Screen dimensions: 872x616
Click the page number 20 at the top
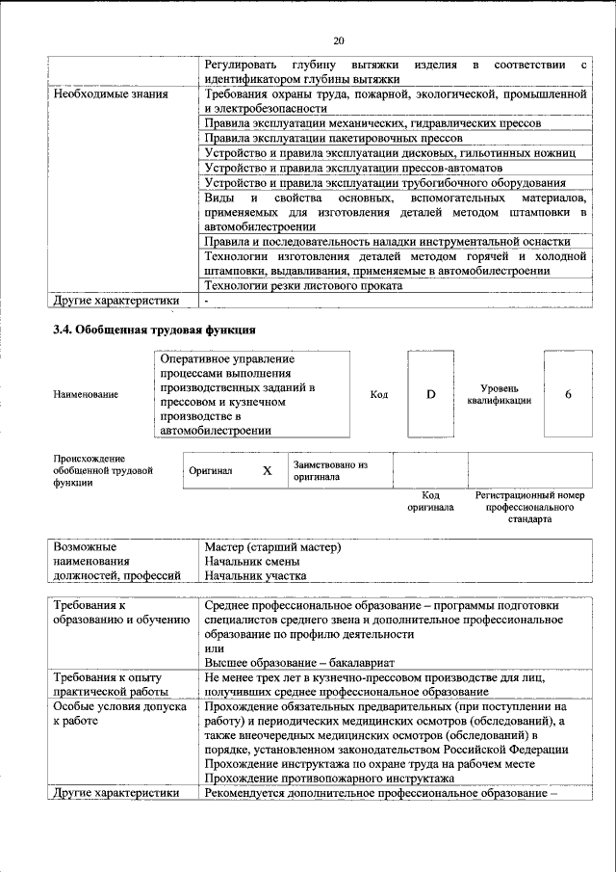click(x=338, y=40)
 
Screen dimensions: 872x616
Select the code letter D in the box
click(x=431, y=394)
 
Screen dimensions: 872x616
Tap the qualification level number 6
click(x=568, y=394)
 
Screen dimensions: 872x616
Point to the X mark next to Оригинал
click(x=268, y=471)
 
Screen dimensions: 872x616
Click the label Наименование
click(x=87, y=394)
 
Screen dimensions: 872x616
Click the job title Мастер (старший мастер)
click(x=273, y=547)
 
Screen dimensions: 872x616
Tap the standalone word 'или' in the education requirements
click(x=214, y=648)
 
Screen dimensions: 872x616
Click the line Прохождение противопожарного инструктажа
click(x=329, y=778)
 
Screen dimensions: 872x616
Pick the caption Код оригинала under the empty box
click(x=430, y=500)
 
